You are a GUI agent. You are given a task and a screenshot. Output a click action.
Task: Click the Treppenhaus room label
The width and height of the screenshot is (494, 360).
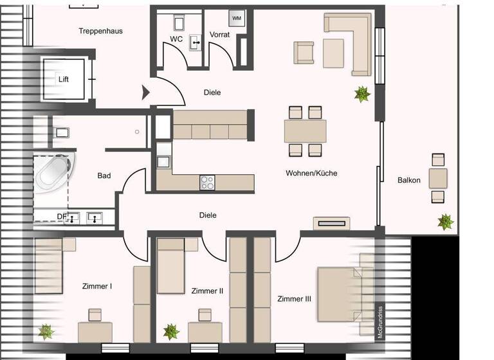[x=100, y=31]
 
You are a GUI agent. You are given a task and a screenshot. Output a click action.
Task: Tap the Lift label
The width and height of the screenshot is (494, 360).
[x=63, y=80]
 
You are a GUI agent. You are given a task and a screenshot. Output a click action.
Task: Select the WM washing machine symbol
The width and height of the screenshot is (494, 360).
[x=237, y=18]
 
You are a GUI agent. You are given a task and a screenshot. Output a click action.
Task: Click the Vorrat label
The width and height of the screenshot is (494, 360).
[x=219, y=34]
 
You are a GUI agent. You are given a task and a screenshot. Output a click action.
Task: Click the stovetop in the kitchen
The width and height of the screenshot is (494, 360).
[x=207, y=183]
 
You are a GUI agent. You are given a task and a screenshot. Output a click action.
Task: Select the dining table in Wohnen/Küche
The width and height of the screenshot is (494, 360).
[x=306, y=131]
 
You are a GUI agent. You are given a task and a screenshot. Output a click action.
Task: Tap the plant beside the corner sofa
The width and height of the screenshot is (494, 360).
[x=362, y=94]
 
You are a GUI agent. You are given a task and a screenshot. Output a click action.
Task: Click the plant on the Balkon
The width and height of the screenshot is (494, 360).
[x=445, y=222]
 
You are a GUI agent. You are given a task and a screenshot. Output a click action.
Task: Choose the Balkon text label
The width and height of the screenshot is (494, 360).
[x=409, y=180]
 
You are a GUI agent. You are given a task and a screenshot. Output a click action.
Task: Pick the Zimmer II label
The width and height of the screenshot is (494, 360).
[x=207, y=291]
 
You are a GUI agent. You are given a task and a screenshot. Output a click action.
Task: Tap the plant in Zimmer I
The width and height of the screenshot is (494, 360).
[x=46, y=332]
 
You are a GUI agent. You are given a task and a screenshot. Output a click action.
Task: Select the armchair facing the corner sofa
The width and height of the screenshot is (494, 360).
[x=304, y=53]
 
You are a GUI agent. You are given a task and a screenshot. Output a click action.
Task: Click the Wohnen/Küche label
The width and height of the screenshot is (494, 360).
[x=311, y=173]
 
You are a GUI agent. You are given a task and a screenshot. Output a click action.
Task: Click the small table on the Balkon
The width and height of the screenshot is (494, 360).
[x=438, y=177]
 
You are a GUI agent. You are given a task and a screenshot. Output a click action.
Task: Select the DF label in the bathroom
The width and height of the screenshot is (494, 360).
[x=62, y=217]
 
